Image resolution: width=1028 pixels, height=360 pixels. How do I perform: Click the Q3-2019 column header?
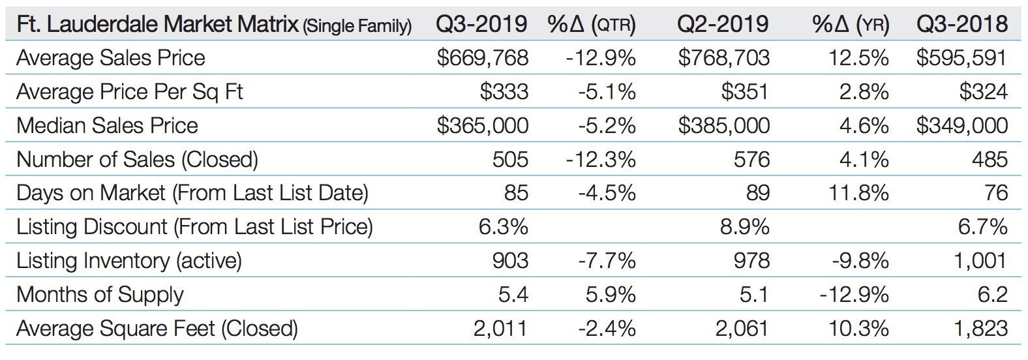tap(481, 24)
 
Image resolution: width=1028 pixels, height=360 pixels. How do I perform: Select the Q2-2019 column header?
tap(723, 24)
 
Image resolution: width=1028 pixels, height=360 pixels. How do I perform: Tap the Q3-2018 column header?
tap(962, 24)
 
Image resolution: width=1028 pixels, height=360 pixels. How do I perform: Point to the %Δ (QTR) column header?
tap(592, 25)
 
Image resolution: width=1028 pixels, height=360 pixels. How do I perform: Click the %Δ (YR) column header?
tap(851, 25)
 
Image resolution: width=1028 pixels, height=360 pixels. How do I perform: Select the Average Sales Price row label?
tap(111, 58)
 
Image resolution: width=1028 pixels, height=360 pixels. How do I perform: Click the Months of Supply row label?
tap(100, 295)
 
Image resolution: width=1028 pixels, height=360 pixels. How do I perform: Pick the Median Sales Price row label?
tap(107, 126)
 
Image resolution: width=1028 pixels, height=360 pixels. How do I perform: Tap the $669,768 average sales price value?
tap(482, 58)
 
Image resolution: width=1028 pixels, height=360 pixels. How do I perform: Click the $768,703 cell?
tap(724, 58)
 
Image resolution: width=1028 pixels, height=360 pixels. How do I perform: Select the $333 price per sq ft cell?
tap(504, 92)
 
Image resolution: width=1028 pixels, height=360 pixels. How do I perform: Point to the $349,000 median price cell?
tap(962, 126)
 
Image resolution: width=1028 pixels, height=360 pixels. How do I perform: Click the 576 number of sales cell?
tap(751, 160)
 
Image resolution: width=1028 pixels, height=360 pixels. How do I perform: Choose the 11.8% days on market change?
tap(858, 193)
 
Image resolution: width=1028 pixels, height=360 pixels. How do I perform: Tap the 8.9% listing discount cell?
tap(744, 227)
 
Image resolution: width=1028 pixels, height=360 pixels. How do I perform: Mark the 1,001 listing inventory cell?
tap(980, 261)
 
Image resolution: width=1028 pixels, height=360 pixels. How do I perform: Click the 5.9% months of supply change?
tap(611, 295)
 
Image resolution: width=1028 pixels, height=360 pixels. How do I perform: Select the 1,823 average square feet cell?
tap(980, 329)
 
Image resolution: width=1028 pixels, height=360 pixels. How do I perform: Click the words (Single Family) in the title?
tap(357, 26)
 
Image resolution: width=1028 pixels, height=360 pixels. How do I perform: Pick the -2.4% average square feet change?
tap(607, 329)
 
